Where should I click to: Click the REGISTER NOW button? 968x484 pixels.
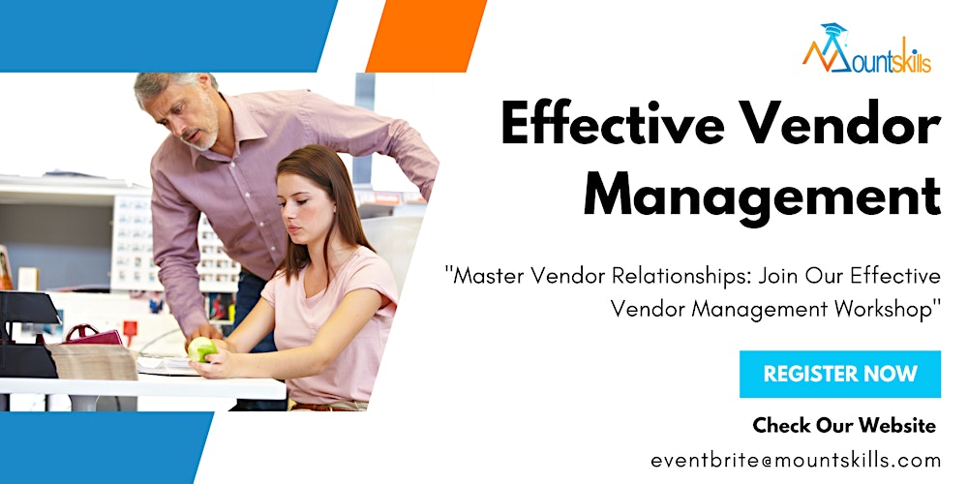click(x=839, y=375)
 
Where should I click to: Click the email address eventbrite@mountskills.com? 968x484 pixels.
click(x=796, y=459)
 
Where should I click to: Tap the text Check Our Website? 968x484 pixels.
click(x=844, y=425)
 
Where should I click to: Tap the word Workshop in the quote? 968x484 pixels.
click(x=891, y=309)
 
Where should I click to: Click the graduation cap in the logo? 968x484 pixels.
click(x=831, y=33)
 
